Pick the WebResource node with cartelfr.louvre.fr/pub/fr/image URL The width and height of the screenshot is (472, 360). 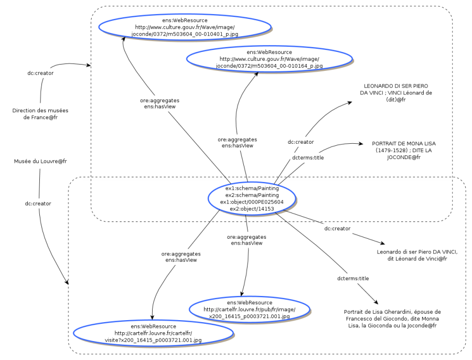click(x=249, y=310)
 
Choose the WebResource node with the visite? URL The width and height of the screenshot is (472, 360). click(x=153, y=333)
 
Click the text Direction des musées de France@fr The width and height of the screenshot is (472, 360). click(x=40, y=114)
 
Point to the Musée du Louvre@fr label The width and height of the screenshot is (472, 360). click(x=40, y=161)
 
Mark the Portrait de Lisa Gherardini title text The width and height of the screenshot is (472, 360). click(x=392, y=319)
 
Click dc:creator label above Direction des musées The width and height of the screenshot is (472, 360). click(x=40, y=73)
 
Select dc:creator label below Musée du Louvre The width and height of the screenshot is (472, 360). click(x=38, y=203)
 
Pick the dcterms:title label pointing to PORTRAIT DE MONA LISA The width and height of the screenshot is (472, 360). click(x=307, y=157)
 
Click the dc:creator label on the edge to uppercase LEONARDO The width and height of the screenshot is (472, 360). click(x=301, y=142)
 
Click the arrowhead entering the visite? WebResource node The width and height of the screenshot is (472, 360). click(x=153, y=317)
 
